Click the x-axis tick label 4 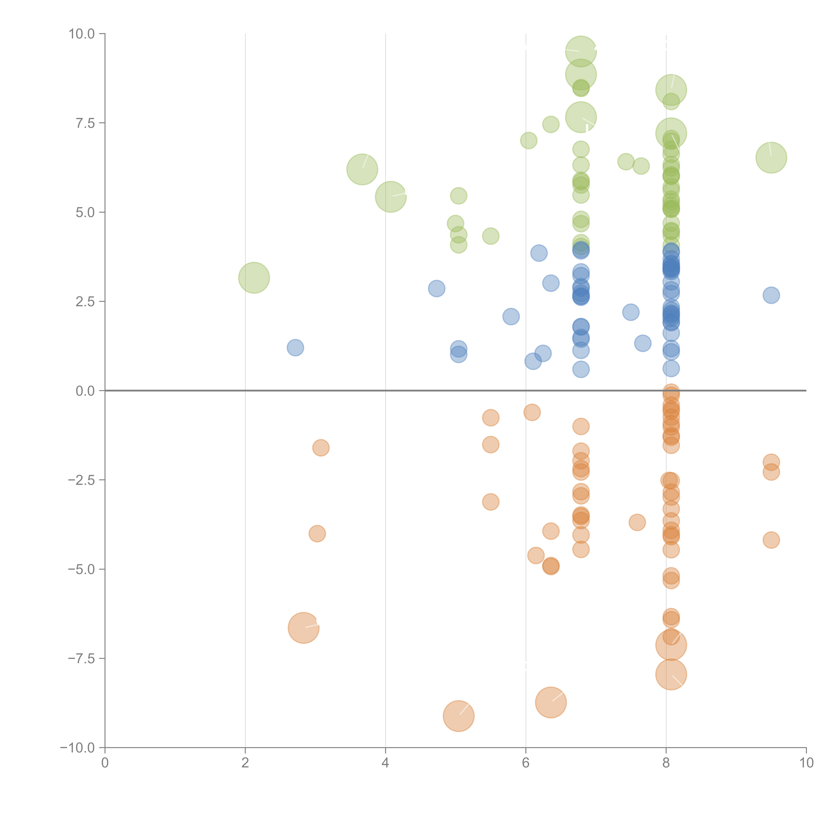(385, 763)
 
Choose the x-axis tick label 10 (806, 763)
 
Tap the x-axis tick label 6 (526, 763)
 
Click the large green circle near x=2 (254, 278)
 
